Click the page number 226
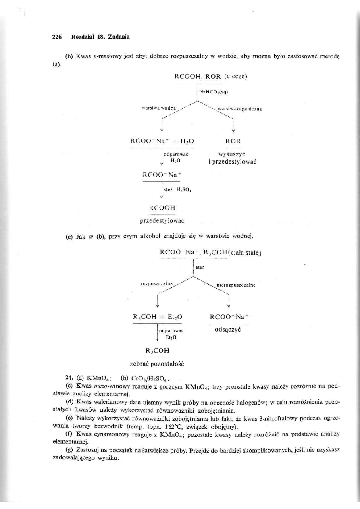coord(57,37)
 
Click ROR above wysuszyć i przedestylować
coord(233,141)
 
